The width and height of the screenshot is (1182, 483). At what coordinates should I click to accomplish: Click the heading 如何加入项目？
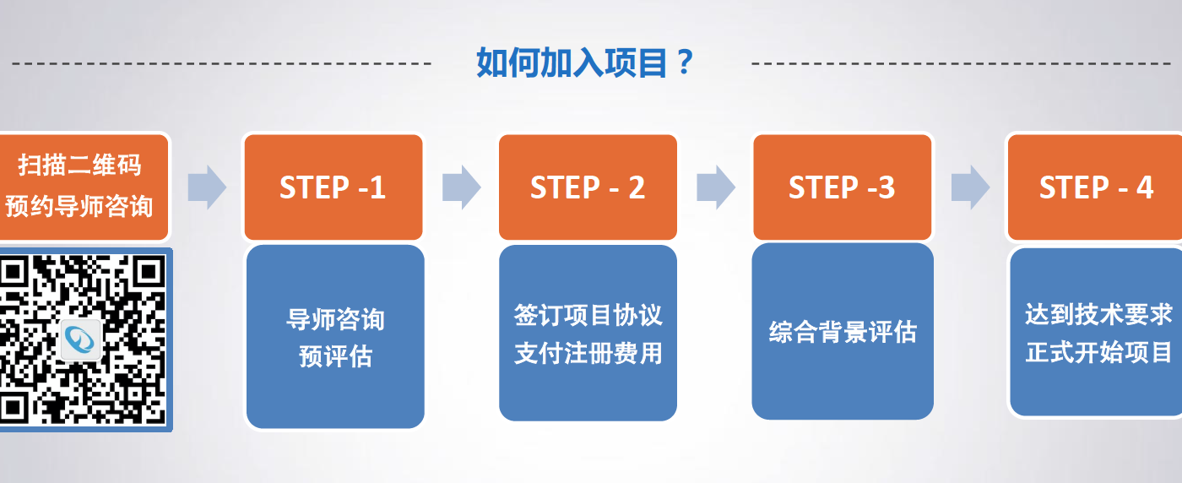[x=584, y=62]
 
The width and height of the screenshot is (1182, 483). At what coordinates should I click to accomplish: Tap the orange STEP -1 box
[x=333, y=187]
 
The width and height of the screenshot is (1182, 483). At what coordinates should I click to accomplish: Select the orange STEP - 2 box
[x=588, y=187]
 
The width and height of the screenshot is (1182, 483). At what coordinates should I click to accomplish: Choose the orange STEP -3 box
[x=842, y=187]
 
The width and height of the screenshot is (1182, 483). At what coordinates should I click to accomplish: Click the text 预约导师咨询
[x=79, y=205]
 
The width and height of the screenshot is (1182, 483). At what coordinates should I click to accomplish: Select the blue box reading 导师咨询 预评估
[x=335, y=336]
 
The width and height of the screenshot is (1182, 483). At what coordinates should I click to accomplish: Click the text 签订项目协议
[x=588, y=316]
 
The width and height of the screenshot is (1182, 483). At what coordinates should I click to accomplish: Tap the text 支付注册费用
[x=588, y=353]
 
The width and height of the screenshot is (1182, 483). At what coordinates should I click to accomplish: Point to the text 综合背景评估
[x=843, y=332]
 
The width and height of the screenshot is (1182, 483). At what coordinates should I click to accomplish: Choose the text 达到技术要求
[x=1098, y=315]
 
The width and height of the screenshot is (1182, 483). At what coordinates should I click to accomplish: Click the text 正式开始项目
[x=1098, y=352]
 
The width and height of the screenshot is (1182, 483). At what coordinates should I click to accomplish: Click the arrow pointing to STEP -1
[x=207, y=187]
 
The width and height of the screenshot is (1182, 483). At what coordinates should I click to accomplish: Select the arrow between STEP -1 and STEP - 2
[x=461, y=187]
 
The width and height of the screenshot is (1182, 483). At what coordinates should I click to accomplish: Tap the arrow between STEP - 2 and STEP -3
[x=715, y=187]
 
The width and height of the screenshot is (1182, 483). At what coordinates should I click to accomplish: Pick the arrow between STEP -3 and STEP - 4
[x=969, y=187]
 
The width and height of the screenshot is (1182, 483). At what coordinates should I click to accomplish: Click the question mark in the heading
[x=685, y=62]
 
